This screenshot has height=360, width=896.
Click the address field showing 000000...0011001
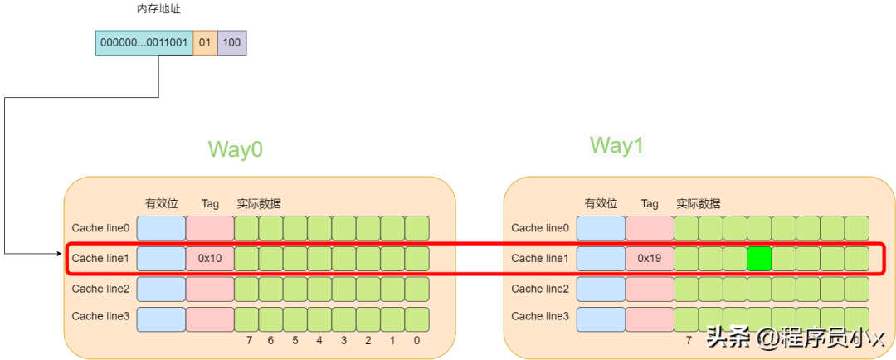(144, 43)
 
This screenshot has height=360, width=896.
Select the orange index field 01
(205, 43)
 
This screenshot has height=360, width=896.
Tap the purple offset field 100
(232, 43)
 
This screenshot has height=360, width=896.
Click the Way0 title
(236, 149)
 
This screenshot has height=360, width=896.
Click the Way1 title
(617, 146)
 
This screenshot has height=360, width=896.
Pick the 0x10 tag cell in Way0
(210, 259)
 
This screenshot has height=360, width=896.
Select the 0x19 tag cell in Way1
(650, 259)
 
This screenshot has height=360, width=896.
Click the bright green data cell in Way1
(759, 259)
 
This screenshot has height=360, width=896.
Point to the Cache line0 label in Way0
(100, 228)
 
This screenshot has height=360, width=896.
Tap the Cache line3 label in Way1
(540, 316)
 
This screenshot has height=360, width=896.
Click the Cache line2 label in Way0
(100, 289)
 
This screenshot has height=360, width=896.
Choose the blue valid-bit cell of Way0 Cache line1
(161, 259)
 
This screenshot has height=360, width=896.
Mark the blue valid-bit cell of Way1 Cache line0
(601, 228)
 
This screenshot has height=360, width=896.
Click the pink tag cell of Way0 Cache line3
(210, 319)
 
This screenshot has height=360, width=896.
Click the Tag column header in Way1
(650, 203)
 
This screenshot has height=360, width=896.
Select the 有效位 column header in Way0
(162, 203)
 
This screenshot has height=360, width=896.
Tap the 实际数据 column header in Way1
(699, 203)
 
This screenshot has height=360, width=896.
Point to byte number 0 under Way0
(416, 340)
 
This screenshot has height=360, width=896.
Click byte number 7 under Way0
(249, 340)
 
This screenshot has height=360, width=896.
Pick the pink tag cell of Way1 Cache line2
(650, 289)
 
